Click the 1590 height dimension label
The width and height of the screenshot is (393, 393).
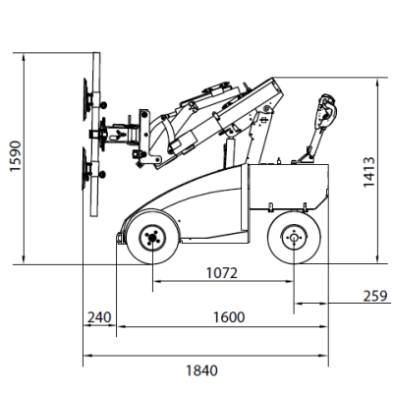tap(15, 156)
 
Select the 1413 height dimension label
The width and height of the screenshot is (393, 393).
tap(369, 172)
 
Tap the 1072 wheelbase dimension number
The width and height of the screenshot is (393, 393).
tap(222, 273)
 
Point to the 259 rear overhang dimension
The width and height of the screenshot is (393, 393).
tap(375, 296)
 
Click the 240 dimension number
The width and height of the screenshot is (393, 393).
tap(99, 317)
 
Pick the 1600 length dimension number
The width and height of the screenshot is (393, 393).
tap(229, 317)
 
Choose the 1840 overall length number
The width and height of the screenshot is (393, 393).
tap(201, 370)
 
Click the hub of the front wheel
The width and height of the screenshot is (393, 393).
tap(152, 238)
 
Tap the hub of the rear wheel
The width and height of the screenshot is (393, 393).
tap(294, 238)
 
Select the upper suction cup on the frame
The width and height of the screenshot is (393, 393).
tap(86, 100)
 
